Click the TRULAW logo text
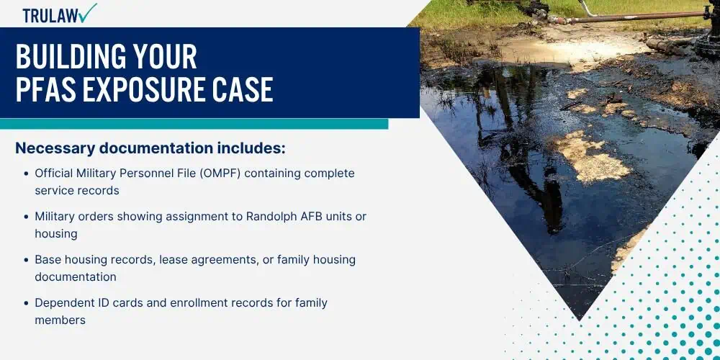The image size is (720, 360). pyautogui.click(x=50, y=15)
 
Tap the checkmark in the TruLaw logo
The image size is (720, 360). pyautogui.click(x=87, y=12)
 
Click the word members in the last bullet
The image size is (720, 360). pyautogui.click(x=60, y=320)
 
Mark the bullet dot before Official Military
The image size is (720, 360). pyautogui.click(x=26, y=174)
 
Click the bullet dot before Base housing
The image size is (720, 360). pyautogui.click(x=26, y=261)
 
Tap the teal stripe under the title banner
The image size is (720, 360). pyautogui.click(x=194, y=124)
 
